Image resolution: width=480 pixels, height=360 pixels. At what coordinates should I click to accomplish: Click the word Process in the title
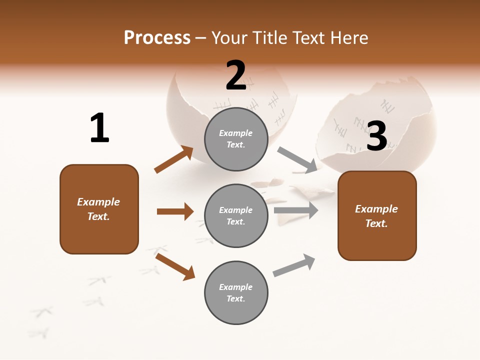(x=157, y=38)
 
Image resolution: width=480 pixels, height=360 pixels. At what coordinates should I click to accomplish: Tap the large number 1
(x=99, y=128)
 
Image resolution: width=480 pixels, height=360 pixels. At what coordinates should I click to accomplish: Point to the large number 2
(x=236, y=75)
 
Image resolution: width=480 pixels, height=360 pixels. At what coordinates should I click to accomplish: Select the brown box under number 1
(x=99, y=209)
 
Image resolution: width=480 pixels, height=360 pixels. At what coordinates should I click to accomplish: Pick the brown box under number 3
(x=377, y=216)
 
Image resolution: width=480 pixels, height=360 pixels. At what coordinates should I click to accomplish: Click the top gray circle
(x=236, y=139)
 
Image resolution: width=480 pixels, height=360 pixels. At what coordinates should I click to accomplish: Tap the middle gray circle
(x=236, y=216)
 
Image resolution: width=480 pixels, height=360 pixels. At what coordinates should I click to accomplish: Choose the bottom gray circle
(x=236, y=293)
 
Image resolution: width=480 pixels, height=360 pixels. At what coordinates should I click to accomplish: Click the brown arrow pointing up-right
(x=174, y=159)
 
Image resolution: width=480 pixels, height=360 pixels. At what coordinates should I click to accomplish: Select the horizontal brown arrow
(x=175, y=211)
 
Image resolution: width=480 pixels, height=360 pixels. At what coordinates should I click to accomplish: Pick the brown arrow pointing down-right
(x=175, y=266)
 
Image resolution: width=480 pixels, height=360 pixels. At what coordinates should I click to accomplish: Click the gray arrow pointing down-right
(x=297, y=160)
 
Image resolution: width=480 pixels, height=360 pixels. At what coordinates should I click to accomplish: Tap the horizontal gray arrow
(x=296, y=210)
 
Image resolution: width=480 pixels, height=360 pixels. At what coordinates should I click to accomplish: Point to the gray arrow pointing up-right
(x=294, y=265)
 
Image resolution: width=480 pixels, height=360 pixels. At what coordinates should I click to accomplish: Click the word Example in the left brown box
(x=98, y=202)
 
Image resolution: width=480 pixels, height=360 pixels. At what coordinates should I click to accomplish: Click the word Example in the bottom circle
(x=235, y=287)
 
